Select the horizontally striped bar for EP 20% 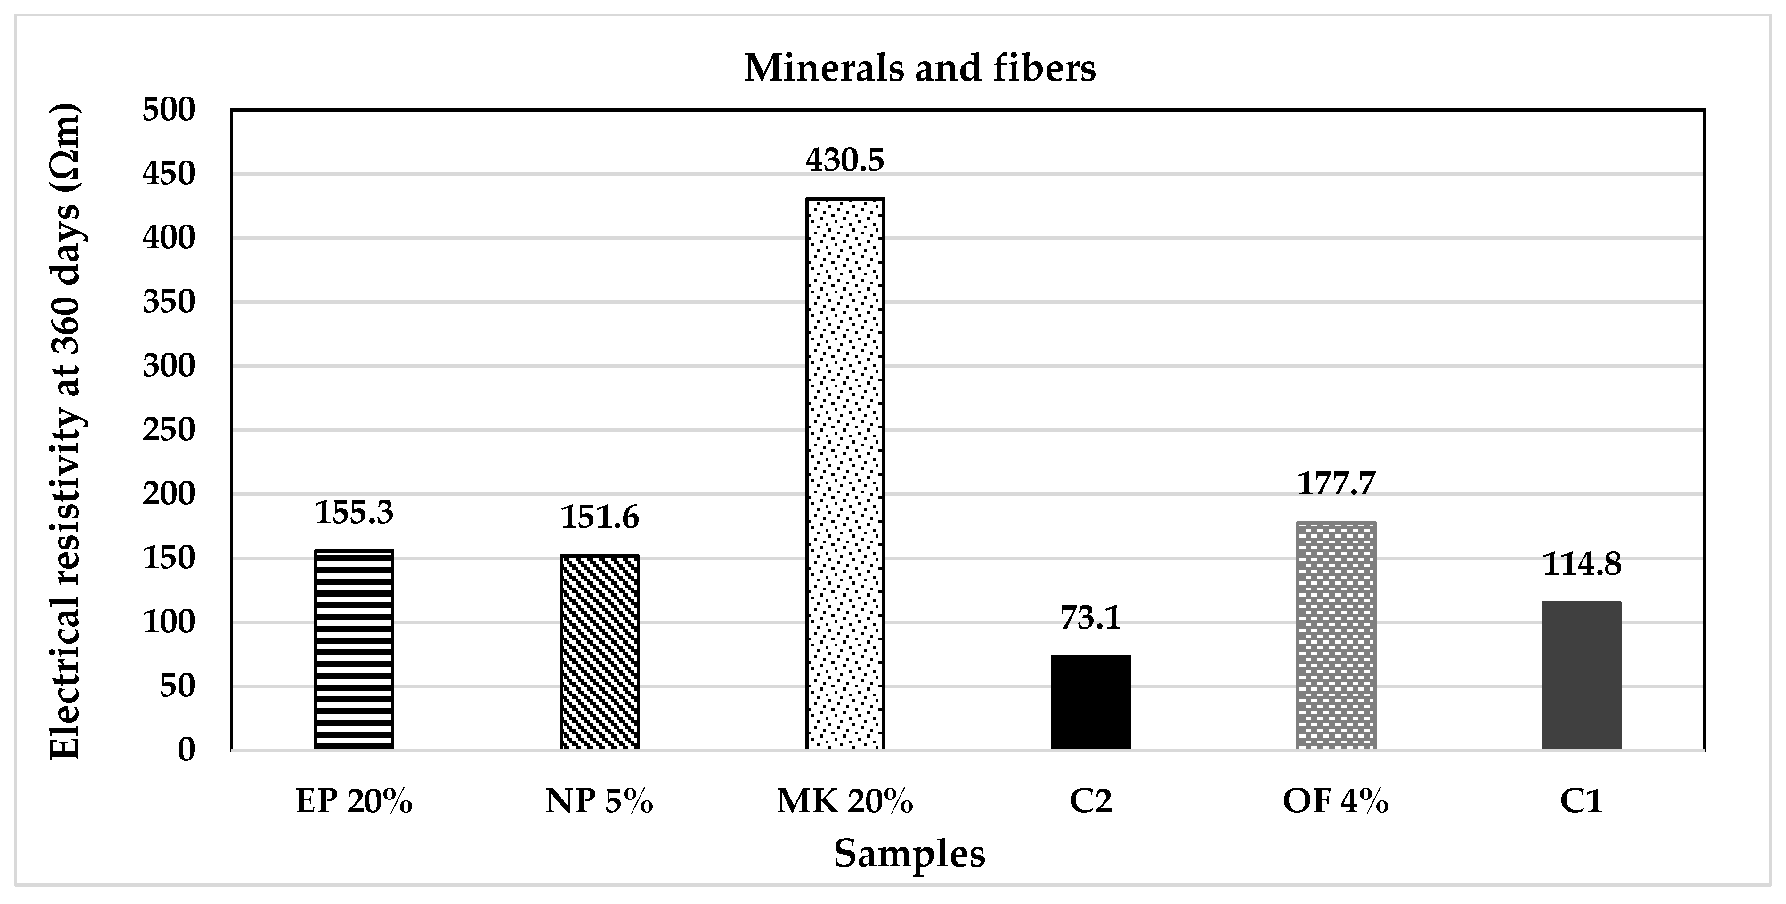(354, 650)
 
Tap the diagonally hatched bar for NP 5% (600, 652)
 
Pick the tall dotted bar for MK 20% (845, 474)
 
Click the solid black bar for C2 (1091, 702)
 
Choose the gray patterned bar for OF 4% (1336, 635)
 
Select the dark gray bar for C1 (1582, 675)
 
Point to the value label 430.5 (845, 160)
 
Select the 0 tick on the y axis (187, 750)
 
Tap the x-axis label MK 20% (845, 801)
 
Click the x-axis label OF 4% (1336, 801)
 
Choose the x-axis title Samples (909, 854)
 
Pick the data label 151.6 (600, 517)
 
